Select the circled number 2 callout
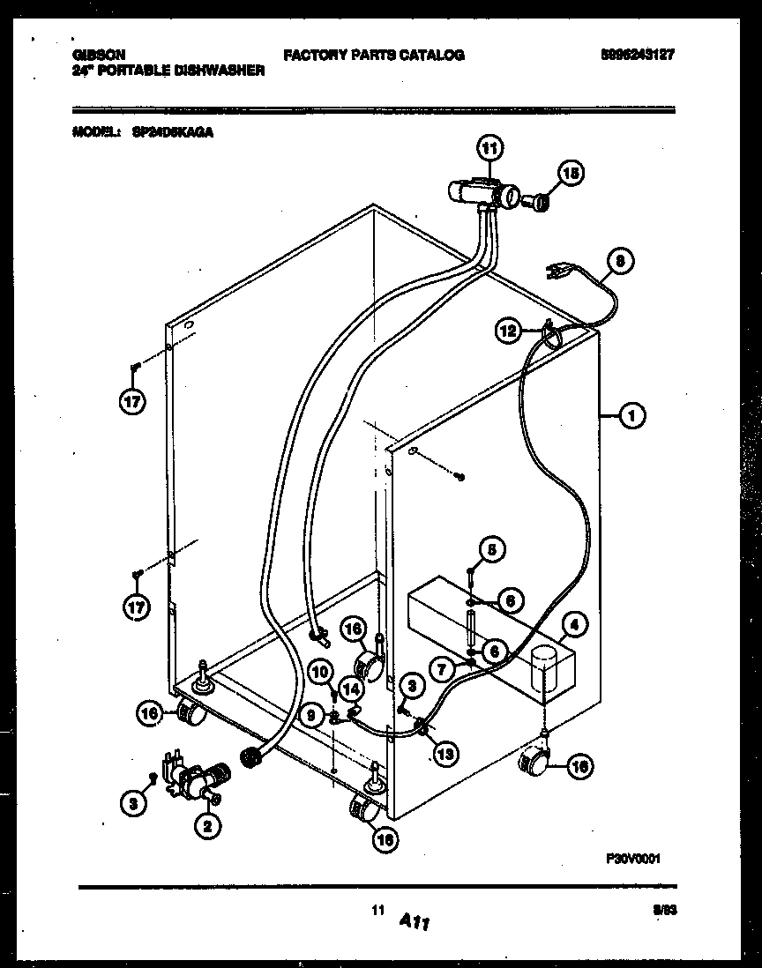click(208, 826)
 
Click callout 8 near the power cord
click(622, 261)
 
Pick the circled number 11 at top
click(489, 147)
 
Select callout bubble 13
click(446, 752)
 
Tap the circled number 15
click(571, 175)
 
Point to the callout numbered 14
click(352, 690)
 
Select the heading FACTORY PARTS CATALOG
click(373, 55)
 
